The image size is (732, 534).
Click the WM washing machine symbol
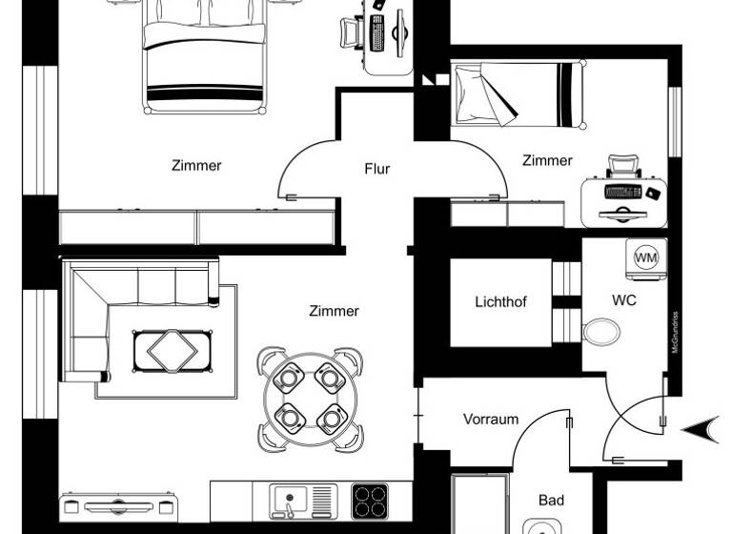point(646,257)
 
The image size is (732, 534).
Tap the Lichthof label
point(500,302)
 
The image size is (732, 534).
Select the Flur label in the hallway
point(377,170)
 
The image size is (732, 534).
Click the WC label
point(624,299)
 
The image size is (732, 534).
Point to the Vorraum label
point(491,419)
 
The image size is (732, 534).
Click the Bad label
point(551,500)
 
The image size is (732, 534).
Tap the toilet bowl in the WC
point(601,333)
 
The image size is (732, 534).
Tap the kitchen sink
point(290,500)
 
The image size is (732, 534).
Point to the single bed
point(515,95)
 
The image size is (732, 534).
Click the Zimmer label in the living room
point(334,311)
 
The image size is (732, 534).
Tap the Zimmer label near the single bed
point(547,160)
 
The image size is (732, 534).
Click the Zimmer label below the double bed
point(196,165)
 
